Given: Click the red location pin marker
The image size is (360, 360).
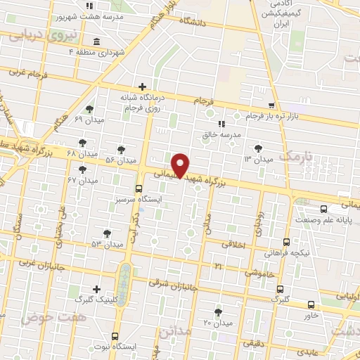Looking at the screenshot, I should click(x=181, y=164).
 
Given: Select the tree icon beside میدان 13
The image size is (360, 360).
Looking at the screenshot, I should click(x=259, y=148).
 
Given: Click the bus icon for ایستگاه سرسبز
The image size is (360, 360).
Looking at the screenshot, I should click(x=139, y=188).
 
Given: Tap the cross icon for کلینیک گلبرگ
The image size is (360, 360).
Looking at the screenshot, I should click(x=96, y=288).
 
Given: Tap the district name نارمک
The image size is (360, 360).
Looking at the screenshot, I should click(x=295, y=155).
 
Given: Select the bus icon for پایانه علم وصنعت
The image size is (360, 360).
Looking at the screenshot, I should click(x=323, y=209).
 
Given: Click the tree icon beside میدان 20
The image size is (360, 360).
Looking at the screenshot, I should click(x=217, y=311).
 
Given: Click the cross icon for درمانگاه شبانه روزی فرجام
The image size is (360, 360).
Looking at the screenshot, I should click(x=142, y=86).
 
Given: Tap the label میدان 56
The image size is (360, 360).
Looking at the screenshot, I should click(x=120, y=160).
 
